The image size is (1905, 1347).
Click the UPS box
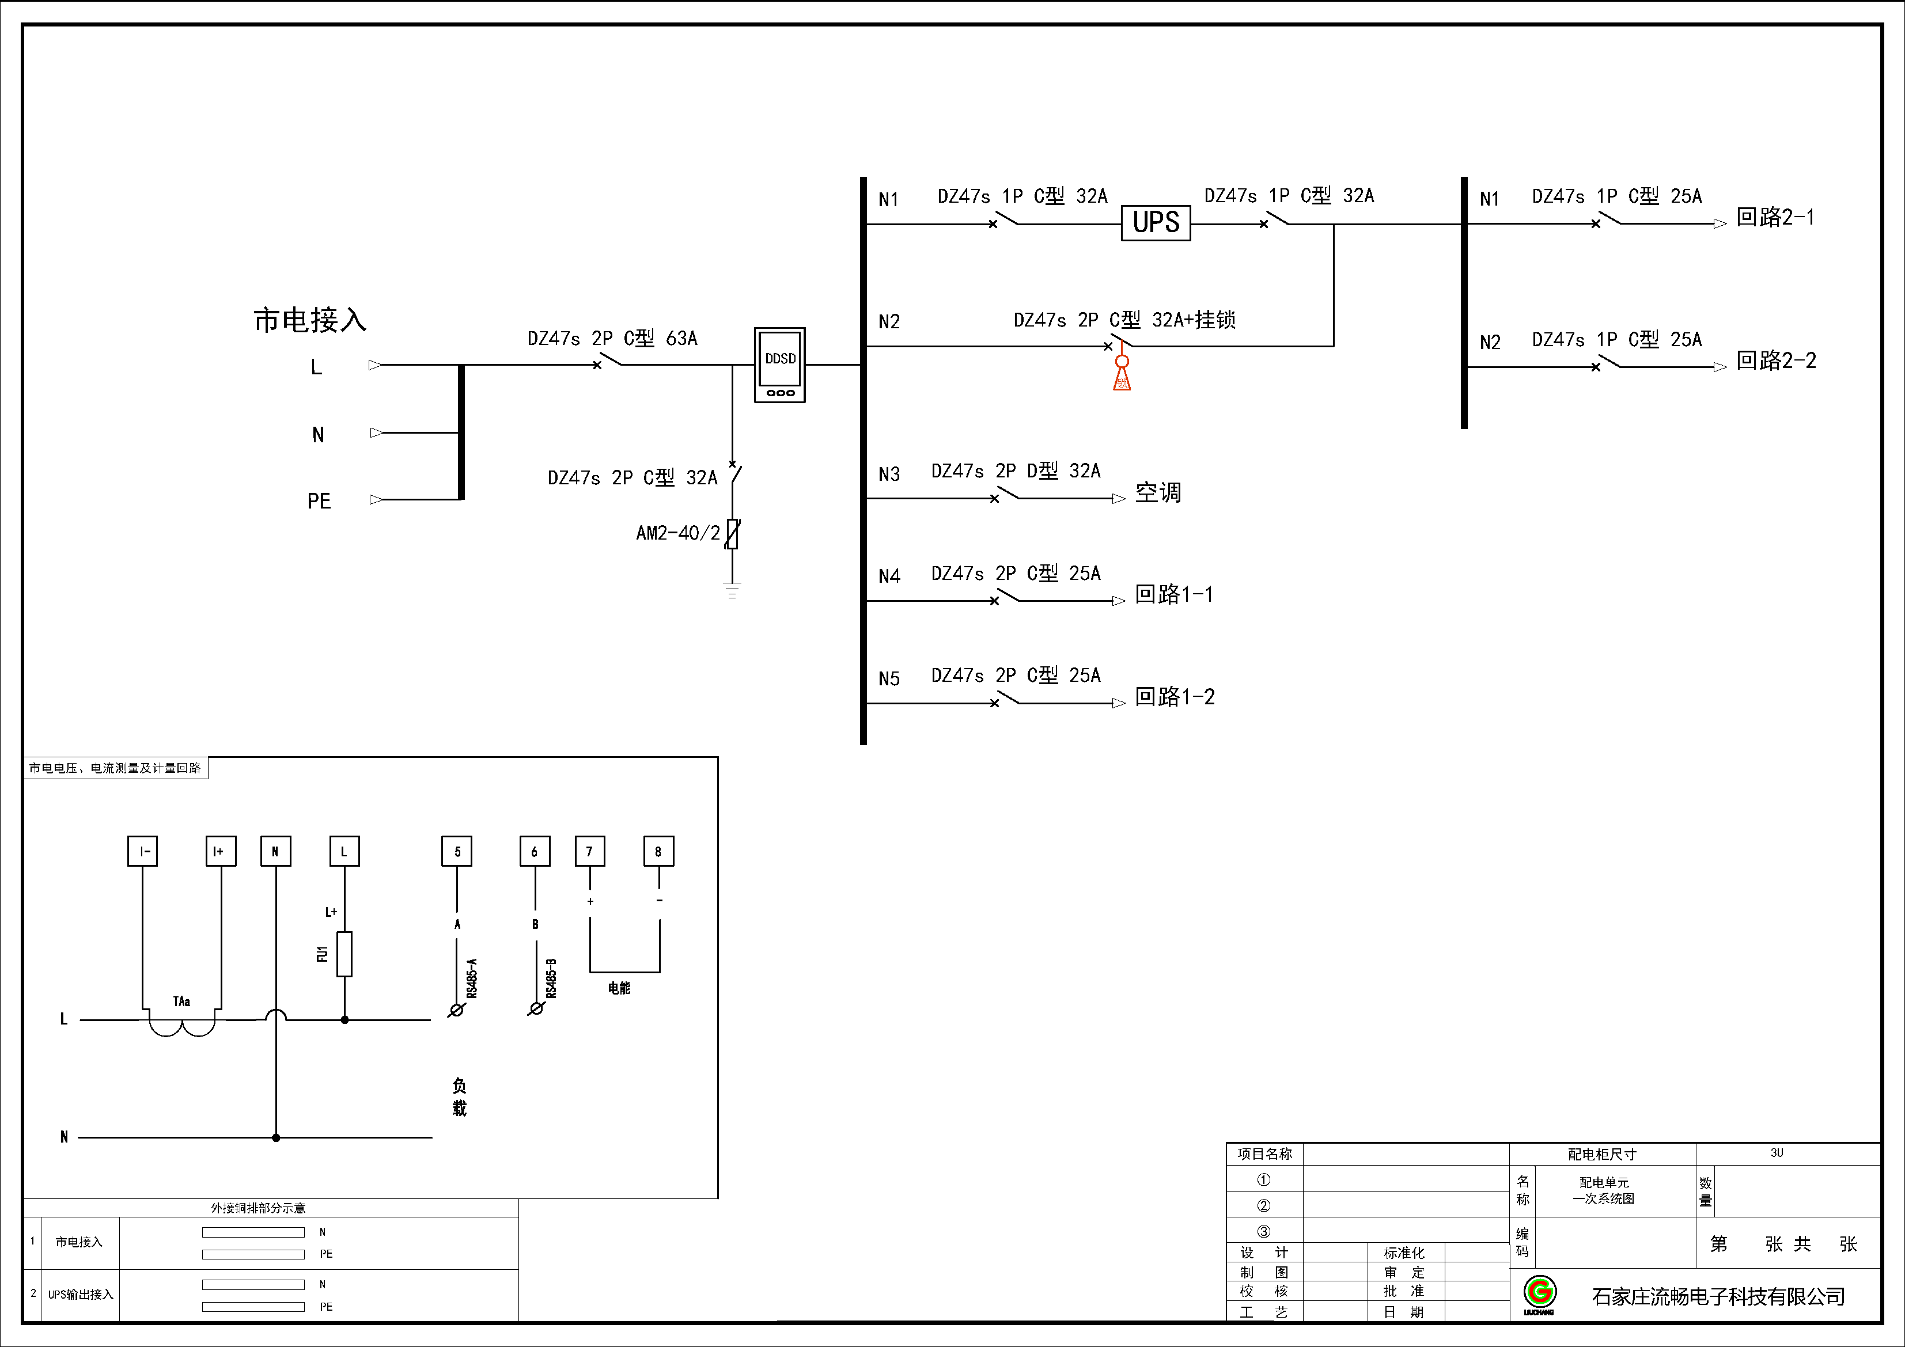pyautogui.click(x=1156, y=223)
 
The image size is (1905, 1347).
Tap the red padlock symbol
pyautogui.click(x=1122, y=373)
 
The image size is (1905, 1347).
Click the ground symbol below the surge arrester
pyautogui.click(x=732, y=590)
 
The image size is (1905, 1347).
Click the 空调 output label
pyautogui.click(x=1158, y=493)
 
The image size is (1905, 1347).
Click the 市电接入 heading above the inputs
pyautogui.click(x=309, y=320)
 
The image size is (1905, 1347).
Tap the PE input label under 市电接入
pyautogui.click(x=319, y=501)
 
